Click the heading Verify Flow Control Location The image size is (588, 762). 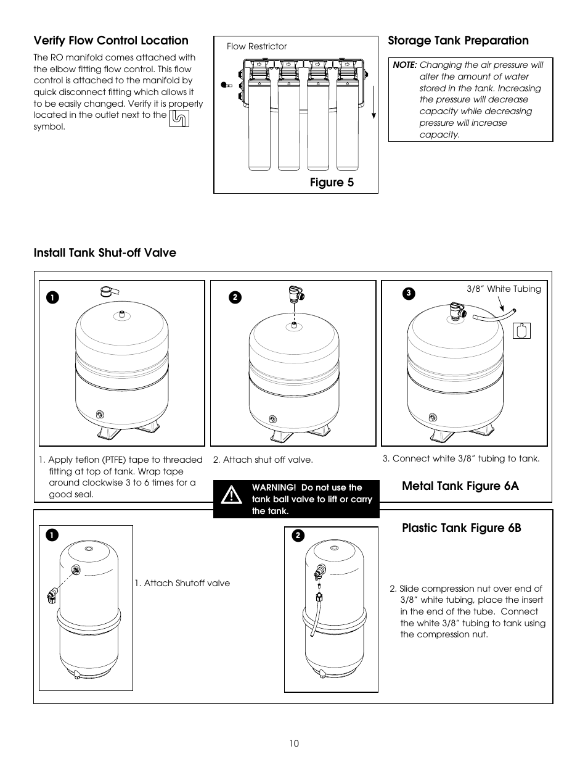(111, 41)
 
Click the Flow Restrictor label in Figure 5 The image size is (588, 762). (256, 46)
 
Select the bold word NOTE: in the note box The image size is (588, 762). (405, 65)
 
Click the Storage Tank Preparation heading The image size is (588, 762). (458, 41)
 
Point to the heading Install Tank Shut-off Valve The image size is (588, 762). (105, 253)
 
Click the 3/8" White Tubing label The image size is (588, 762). (504, 289)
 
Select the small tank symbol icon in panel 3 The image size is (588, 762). (521, 331)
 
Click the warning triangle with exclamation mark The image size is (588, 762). (232, 495)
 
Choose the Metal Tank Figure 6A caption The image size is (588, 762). (460, 486)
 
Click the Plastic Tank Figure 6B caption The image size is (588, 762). (462, 528)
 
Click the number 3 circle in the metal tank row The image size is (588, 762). (407, 293)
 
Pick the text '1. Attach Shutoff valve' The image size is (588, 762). (182, 583)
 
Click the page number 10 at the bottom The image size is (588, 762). (294, 743)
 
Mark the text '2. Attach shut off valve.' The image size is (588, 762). (263, 460)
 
